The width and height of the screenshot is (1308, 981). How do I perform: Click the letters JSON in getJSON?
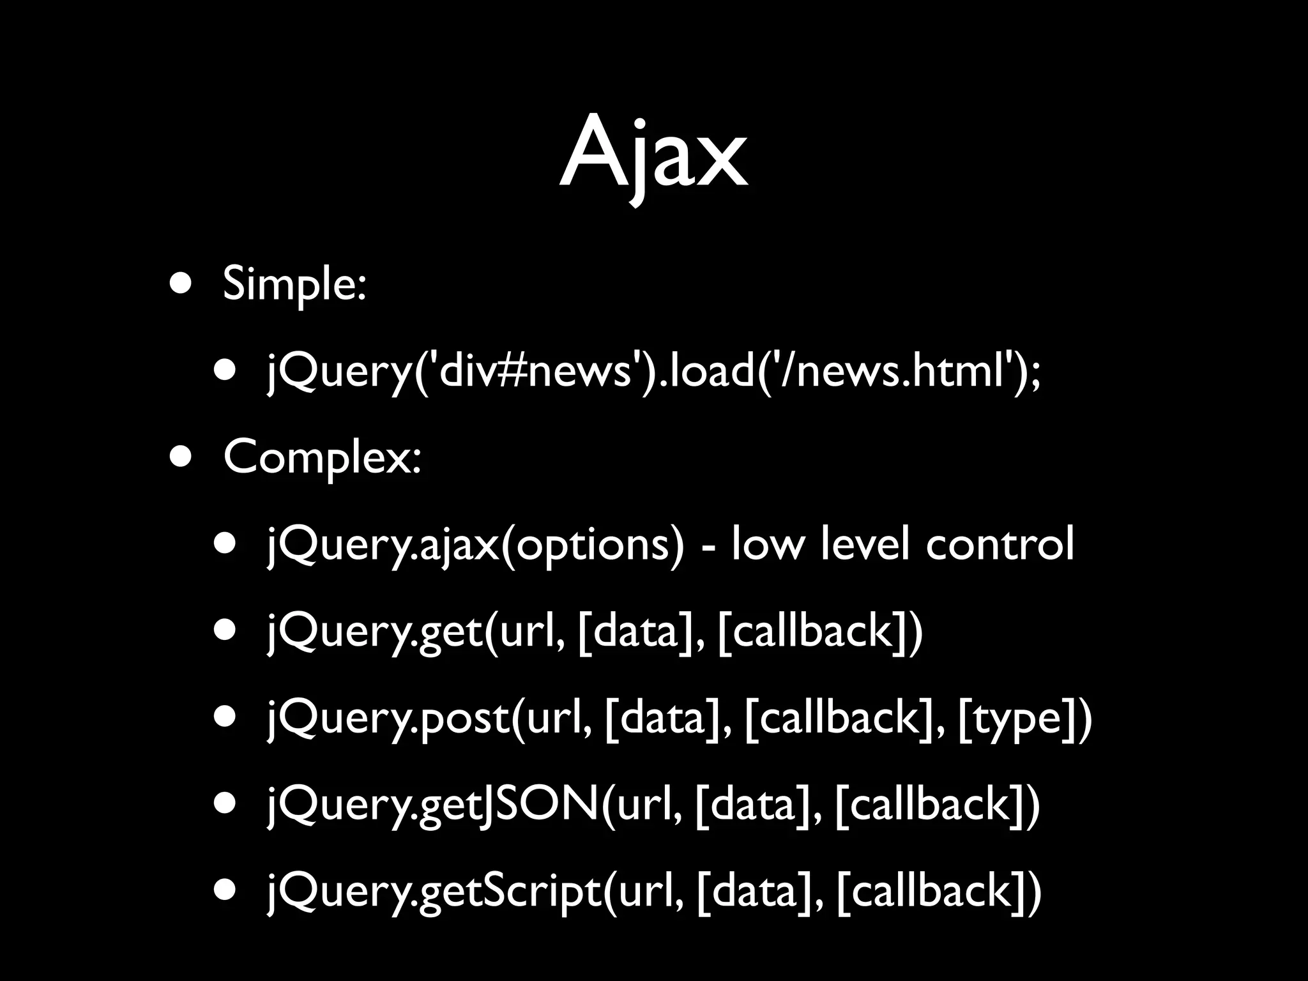pos(536,805)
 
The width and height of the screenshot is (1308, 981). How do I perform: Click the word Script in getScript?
pos(543,891)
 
